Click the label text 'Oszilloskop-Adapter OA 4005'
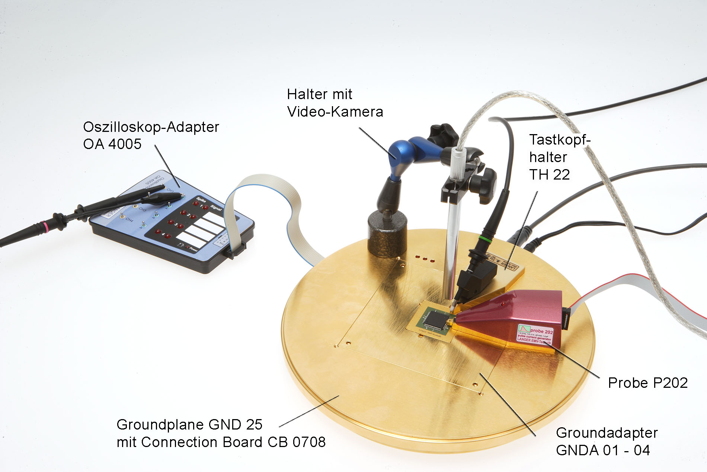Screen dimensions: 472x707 pyautogui.click(x=151, y=135)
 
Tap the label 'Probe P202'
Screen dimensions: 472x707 pyautogui.click(x=647, y=383)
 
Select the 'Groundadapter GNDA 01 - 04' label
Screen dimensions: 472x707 pyautogui.click(x=607, y=441)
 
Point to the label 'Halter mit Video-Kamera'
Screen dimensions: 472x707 pyautogui.click(x=335, y=103)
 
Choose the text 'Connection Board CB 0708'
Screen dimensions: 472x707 pyautogui.click(x=233, y=442)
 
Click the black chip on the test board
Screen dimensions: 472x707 pyautogui.click(x=435, y=320)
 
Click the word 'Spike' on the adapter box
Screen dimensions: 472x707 pyautogui.click(x=201, y=200)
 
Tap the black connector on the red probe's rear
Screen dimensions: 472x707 pyautogui.click(x=566, y=319)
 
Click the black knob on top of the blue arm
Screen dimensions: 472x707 pyautogui.click(x=443, y=134)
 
